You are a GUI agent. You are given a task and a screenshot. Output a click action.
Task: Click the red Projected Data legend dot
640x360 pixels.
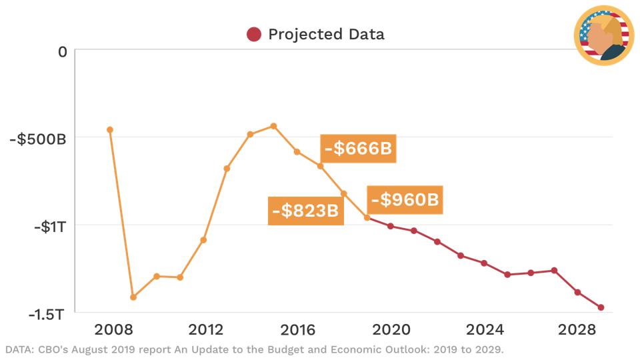[x=253, y=35]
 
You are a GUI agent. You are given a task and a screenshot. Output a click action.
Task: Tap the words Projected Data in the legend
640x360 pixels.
[x=326, y=35]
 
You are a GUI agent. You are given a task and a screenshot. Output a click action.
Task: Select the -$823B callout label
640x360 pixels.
[x=305, y=211]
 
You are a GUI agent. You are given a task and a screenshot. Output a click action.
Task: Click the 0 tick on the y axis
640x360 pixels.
[x=62, y=51]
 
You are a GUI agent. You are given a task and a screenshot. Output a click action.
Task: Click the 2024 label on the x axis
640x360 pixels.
[x=485, y=331]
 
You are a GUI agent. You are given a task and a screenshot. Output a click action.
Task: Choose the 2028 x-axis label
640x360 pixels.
[x=577, y=331]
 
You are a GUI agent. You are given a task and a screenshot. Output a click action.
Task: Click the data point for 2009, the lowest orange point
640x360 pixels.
[x=133, y=297]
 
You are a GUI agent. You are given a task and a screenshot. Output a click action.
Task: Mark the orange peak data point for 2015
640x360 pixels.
[x=273, y=125]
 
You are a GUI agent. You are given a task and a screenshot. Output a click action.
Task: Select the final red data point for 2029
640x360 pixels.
[x=601, y=307]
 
